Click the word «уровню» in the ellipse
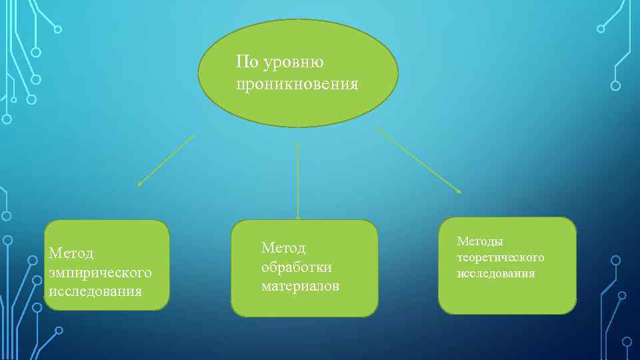[x=294, y=64]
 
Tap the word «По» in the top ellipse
[x=247, y=63]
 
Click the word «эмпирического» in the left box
[x=101, y=273]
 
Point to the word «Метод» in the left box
[x=72, y=254]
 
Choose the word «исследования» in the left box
[x=95, y=291]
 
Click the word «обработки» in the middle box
[x=297, y=267]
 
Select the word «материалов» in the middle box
[x=300, y=286]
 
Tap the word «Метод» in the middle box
[x=283, y=248]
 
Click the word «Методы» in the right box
[x=480, y=241]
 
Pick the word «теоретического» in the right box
[x=501, y=257]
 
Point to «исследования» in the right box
[x=496, y=273]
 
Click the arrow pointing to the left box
[x=166, y=160]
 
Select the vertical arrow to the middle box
[x=297, y=180]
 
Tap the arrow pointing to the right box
[x=419, y=160]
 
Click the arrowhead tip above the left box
[x=139, y=185]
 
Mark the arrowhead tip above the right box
[x=460, y=193]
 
